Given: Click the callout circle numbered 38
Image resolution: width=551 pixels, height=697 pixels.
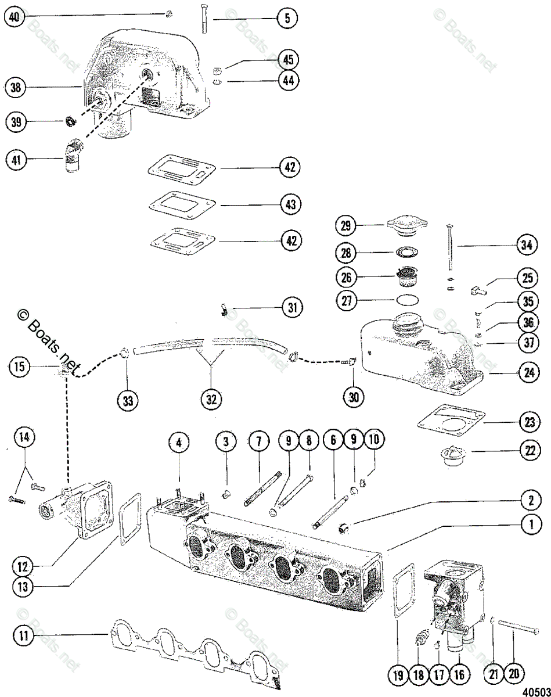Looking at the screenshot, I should tap(15, 88).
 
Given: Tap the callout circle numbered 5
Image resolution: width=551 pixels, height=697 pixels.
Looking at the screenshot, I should tap(286, 19).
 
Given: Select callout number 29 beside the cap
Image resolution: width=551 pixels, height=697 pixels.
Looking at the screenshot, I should tap(347, 225).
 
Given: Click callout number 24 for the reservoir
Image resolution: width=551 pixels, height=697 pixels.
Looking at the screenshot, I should tap(527, 373).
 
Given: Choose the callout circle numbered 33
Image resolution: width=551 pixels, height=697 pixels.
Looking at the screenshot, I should tap(128, 400).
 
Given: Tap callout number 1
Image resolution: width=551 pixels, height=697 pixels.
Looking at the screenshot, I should tap(530, 525).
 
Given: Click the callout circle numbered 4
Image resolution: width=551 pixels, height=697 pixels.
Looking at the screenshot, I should tap(179, 443).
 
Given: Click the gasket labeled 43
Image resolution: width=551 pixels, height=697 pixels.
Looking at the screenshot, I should tap(183, 204).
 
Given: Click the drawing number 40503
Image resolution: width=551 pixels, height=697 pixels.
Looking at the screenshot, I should tap(535, 691).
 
